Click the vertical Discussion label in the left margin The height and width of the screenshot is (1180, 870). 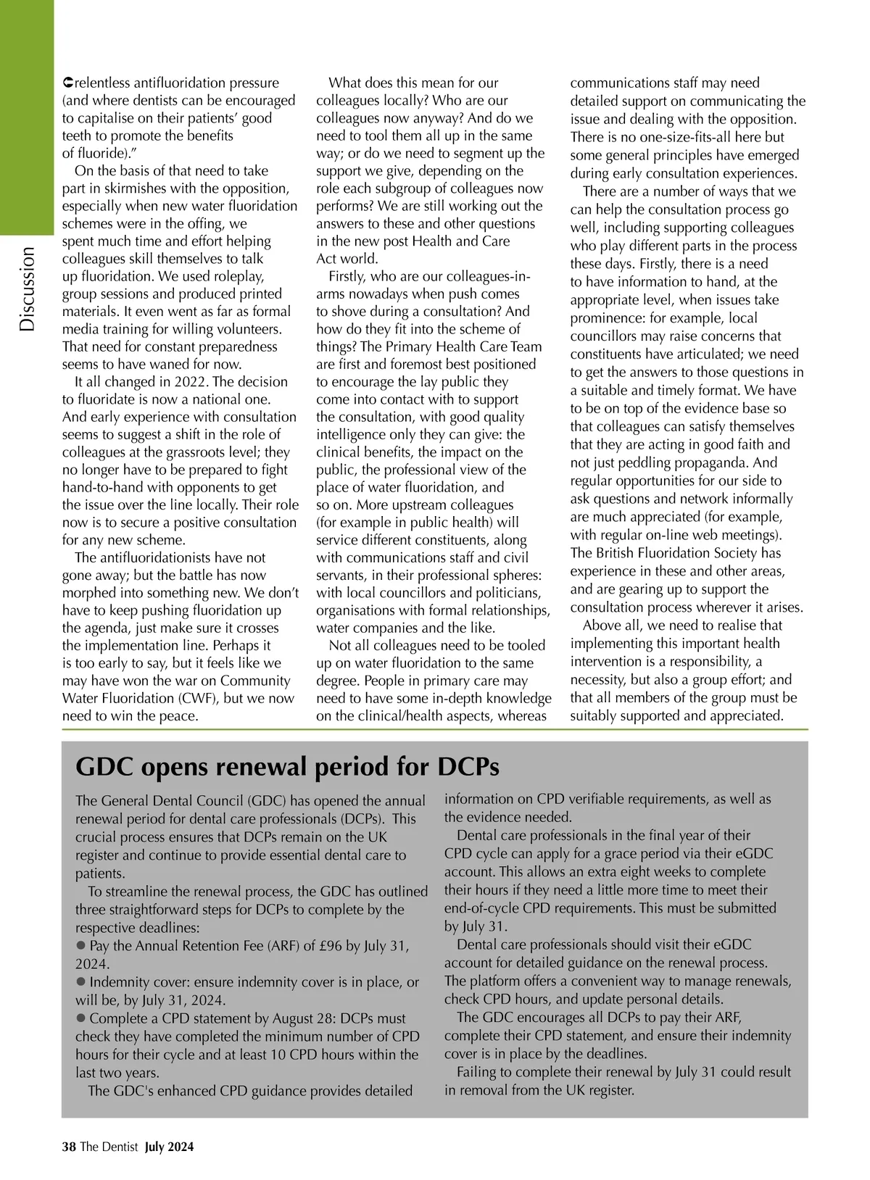click(x=27, y=288)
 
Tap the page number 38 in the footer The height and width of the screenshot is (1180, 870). click(x=69, y=1146)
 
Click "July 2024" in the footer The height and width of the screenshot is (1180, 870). click(x=169, y=1146)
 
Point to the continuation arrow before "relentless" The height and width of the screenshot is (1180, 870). click(x=67, y=83)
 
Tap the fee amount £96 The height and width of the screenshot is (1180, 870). click(x=312, y=945)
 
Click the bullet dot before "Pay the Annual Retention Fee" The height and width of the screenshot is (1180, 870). click(x=80, y=945)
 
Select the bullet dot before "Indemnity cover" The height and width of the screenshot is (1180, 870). click(x=80, y=981)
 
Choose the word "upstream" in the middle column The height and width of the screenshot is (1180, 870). click(x=405, y=504)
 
